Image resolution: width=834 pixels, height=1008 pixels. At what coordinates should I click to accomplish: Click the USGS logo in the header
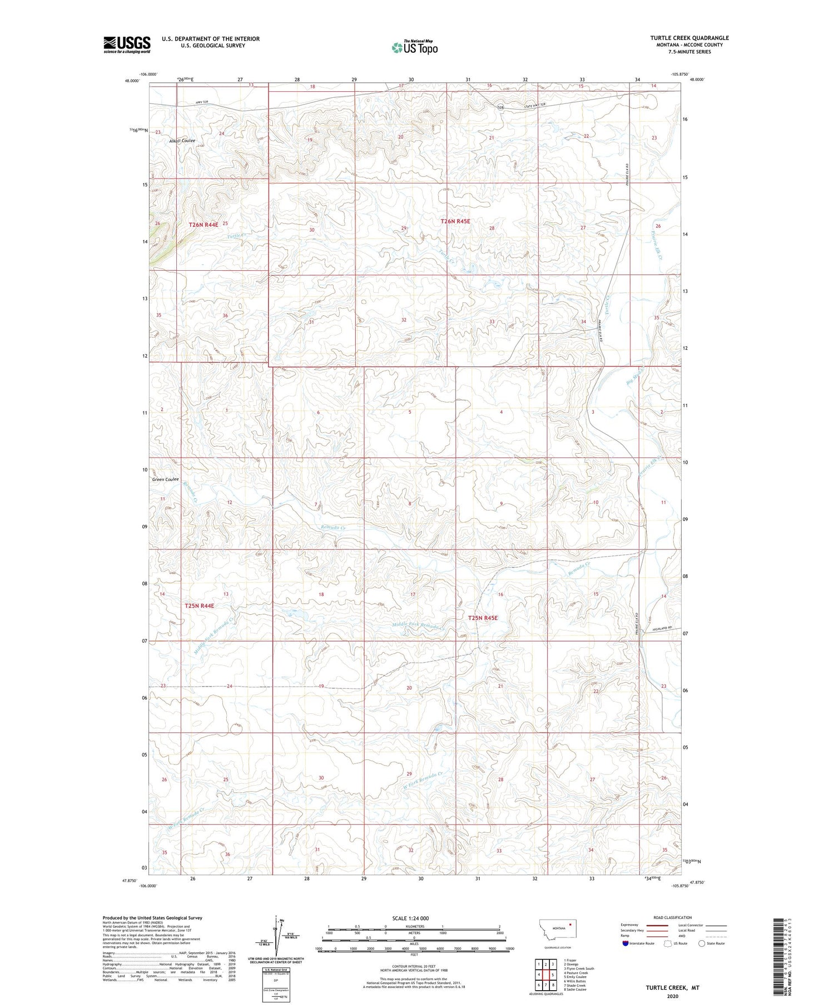[x=127, y=44]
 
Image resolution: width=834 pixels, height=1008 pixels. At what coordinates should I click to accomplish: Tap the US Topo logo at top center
[x=414, y=48]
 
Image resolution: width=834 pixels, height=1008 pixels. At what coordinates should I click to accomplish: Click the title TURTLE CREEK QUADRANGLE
[x=689, y=38]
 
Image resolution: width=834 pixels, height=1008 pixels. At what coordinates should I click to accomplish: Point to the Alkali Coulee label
[x=182, y=141]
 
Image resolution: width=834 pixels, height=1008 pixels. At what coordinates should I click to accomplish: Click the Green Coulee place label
[x=165, y=479]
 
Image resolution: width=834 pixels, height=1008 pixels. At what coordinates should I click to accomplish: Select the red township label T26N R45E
[x=455, y=221]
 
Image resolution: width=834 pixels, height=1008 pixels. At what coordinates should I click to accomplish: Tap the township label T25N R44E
[x=199, y=605]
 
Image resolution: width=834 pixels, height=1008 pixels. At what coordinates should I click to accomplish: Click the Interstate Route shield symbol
[x=625, y=944]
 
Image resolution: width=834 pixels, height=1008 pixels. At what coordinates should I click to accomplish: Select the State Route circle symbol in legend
[x=702, y=944]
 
